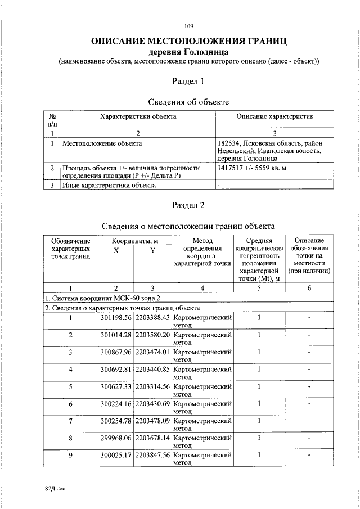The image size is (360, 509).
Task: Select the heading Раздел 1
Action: (x=188, y=82)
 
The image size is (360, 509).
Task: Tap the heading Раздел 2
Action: (x=188, y=205)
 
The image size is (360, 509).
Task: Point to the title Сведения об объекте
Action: (x=188, y=102)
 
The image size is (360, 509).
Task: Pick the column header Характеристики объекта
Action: (x=137, y=116)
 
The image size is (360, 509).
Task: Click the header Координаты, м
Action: (x=134, y=241)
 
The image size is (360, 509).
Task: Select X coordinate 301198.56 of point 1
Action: (x=115, y=318)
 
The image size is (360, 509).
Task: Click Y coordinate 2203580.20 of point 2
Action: (x=152, y=335)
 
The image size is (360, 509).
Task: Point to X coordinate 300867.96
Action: (x=115, y=352)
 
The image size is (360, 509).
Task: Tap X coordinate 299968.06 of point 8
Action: (x=115, y=438)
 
